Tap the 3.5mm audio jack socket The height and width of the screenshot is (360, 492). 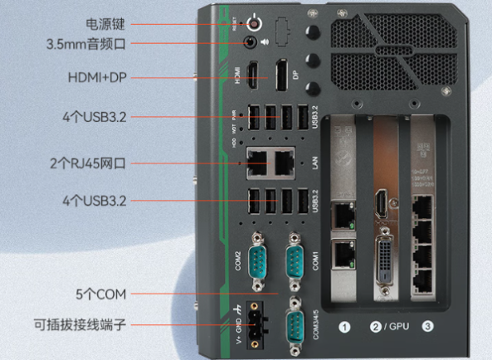point(249,41)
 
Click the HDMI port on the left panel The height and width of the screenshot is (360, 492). point(255,75)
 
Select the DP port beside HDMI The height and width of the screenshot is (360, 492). point(282,74)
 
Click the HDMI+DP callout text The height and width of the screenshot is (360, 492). point(95,76)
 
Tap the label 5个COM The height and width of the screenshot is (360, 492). point(99,294)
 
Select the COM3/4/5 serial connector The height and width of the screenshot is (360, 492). point(295,325)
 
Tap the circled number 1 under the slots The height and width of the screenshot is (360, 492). point(344,328)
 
